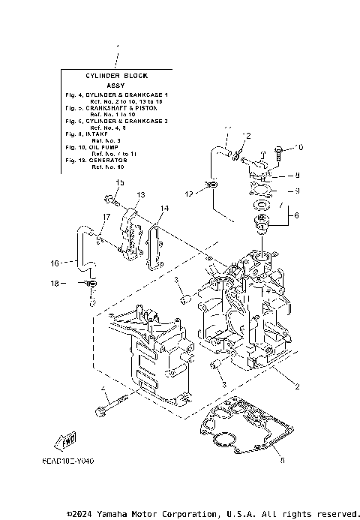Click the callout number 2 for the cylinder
point(298,386)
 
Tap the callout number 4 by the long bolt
point(102,388)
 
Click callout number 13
point(140,194)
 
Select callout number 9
point(297,191)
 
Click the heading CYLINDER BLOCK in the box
point(115,76)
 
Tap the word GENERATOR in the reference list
point(109,161)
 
